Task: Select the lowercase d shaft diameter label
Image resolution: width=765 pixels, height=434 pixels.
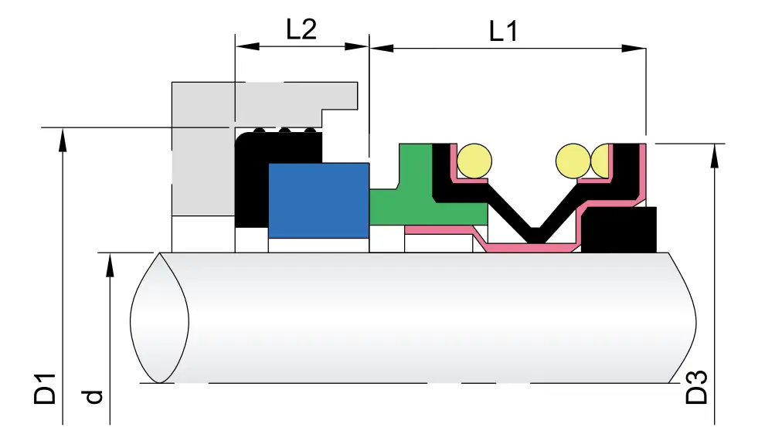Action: (x=93, y=396)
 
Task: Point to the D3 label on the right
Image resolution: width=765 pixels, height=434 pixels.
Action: (x=697, y=388)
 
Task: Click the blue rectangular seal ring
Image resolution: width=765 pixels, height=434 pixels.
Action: (x=318, y=199)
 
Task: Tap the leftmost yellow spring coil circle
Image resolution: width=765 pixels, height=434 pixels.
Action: (x=474, y=160)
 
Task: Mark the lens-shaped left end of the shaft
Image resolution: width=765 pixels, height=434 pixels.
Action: (x=160, y=317)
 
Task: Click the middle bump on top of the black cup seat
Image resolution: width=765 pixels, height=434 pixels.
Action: (x=285, y=131)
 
